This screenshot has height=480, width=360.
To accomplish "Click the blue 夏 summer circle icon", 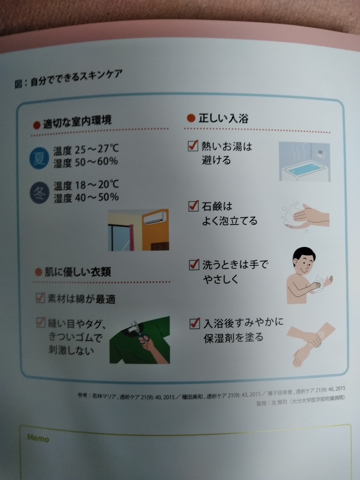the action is click(39, 158).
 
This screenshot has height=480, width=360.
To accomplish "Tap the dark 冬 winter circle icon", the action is click(40, 192).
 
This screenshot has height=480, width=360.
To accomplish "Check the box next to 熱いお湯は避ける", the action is click(193, 145).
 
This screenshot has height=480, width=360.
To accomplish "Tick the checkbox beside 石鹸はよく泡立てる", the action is click(193, 206).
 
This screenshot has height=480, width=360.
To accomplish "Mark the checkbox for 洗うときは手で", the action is click(194, 265).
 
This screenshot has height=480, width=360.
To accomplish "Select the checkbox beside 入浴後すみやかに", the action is click(195, 323).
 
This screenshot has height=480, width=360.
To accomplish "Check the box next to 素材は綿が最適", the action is click(40, 298).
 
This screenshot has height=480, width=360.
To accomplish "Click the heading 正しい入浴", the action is click(223, 118).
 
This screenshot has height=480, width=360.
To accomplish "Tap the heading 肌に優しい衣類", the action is click(78, 272).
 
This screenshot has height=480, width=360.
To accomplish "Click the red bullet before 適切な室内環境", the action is click(36, 125).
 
